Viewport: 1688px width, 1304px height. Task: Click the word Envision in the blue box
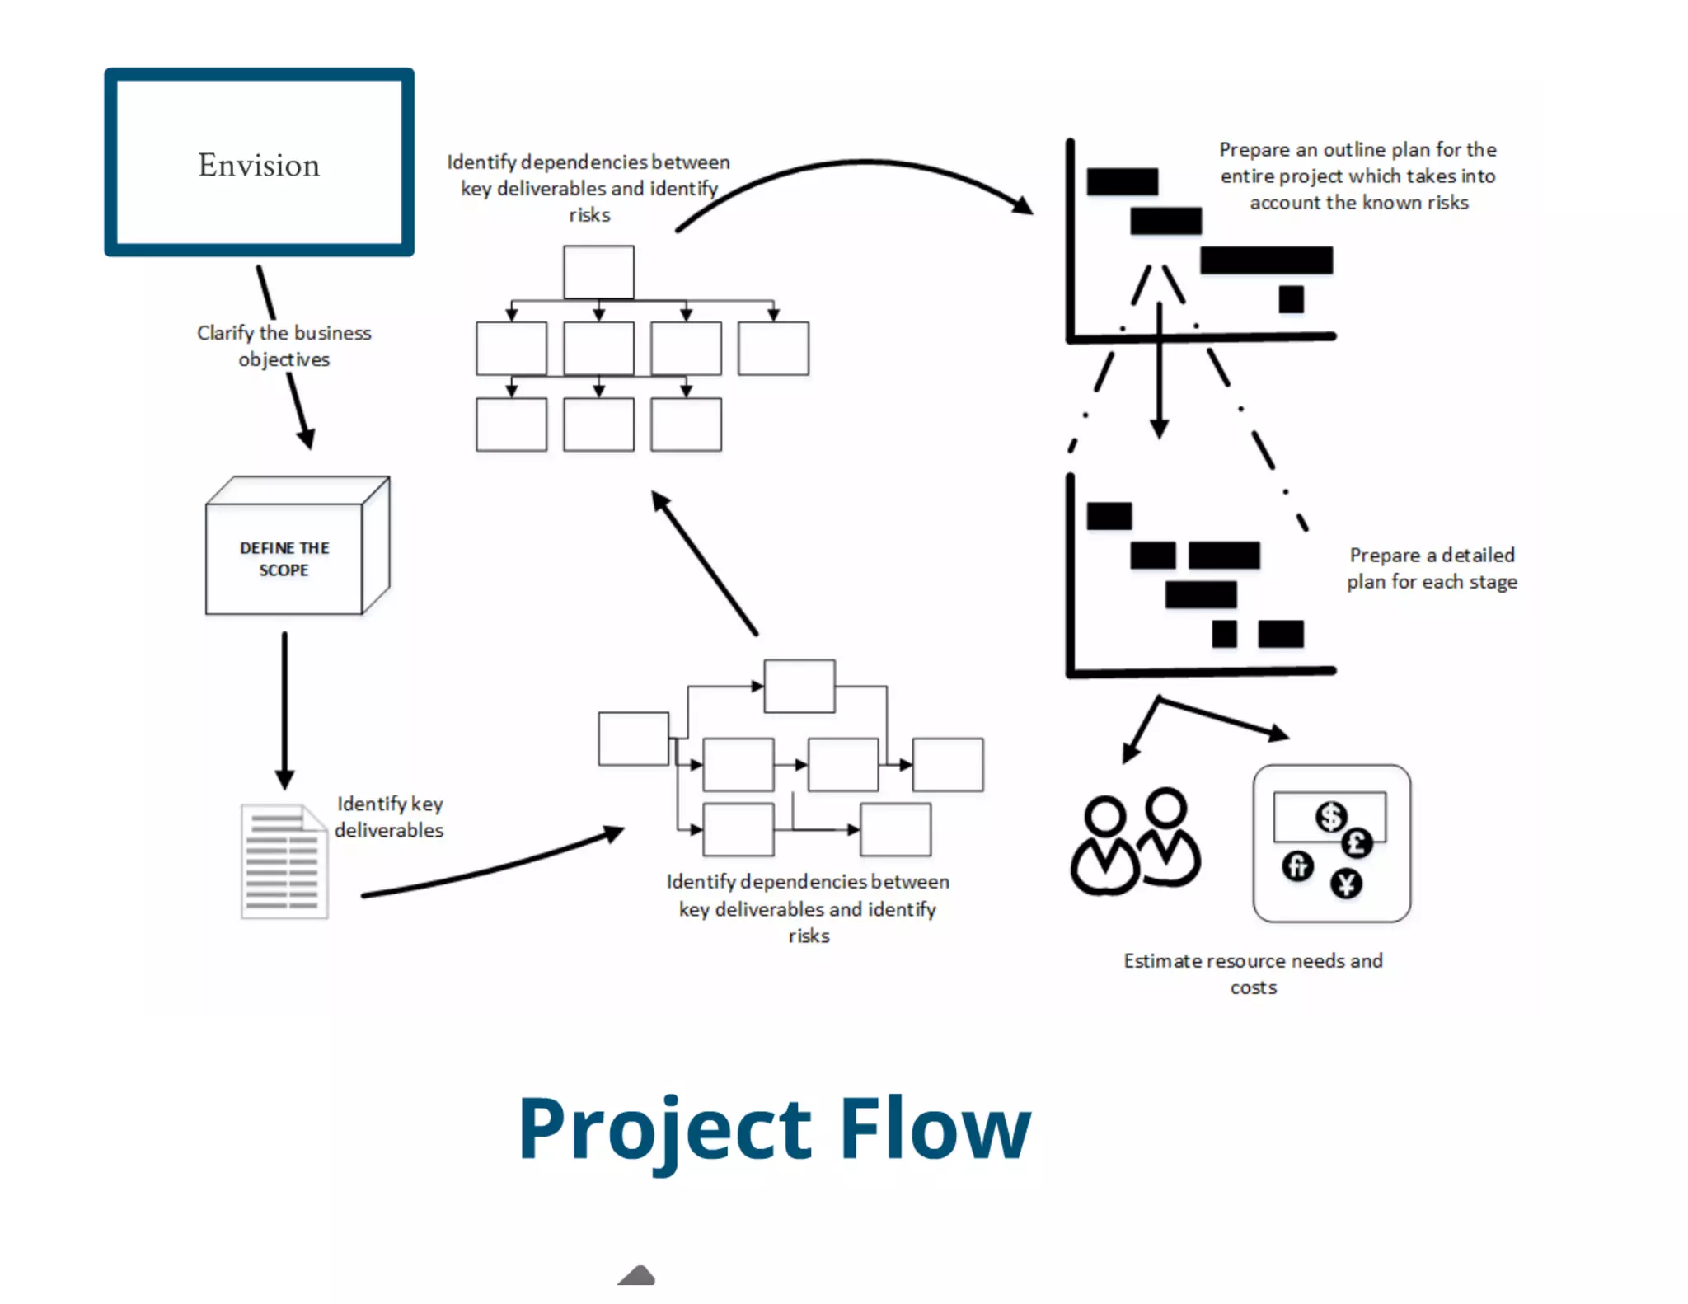click(x=258, y=165)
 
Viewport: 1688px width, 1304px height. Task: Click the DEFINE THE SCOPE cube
click(x=284, y=558)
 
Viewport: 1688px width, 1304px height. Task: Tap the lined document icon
click(x=284, y=862)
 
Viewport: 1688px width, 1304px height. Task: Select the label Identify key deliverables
click(x=389, y=817)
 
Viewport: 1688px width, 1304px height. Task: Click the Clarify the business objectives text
click(x=284, y=345)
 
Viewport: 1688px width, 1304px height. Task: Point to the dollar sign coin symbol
click(x=1330, y=817)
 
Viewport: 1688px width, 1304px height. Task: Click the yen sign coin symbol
click(x=1346, y=884)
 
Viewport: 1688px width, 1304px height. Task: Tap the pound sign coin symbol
click(x=1357, y=843)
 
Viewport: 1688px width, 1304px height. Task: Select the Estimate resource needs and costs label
click(x=1253, y=973)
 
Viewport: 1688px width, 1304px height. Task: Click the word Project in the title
click(x=664, y=1129)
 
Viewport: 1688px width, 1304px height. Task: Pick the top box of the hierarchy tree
click(x=598, y=272)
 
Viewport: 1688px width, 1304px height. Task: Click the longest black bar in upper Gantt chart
click(x=1266, y=260)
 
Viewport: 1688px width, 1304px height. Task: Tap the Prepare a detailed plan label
click(x=1432, y=568)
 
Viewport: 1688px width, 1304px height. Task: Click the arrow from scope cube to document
click(x=284, y=709)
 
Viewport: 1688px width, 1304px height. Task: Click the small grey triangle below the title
click(x=636, y=1275)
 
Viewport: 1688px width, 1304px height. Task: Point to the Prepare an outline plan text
click(x=1357, y=176)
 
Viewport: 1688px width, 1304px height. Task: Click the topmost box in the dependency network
click(x=799, y=686)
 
